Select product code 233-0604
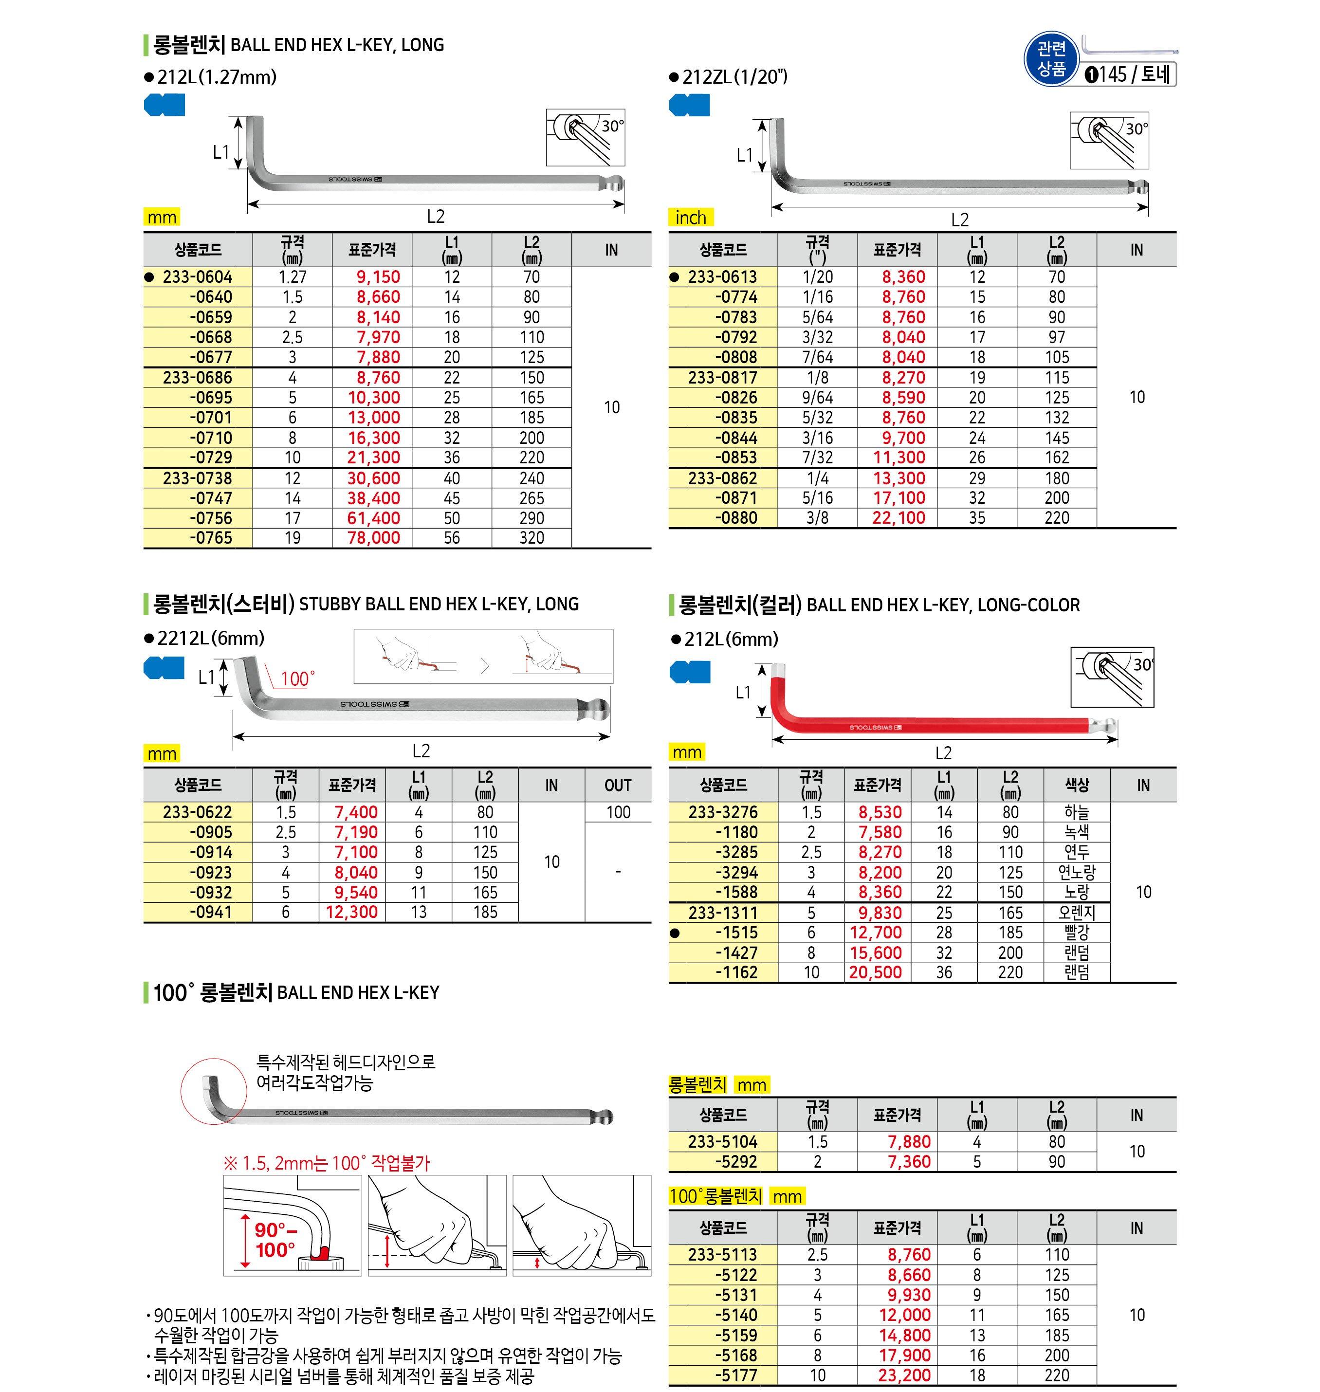197,277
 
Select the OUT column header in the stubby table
618,786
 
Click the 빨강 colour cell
1077,933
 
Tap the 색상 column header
1077,786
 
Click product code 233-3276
723,813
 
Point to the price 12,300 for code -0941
352,913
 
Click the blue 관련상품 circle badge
1051,59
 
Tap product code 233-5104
723,1142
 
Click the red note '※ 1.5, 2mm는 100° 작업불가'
326,1163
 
